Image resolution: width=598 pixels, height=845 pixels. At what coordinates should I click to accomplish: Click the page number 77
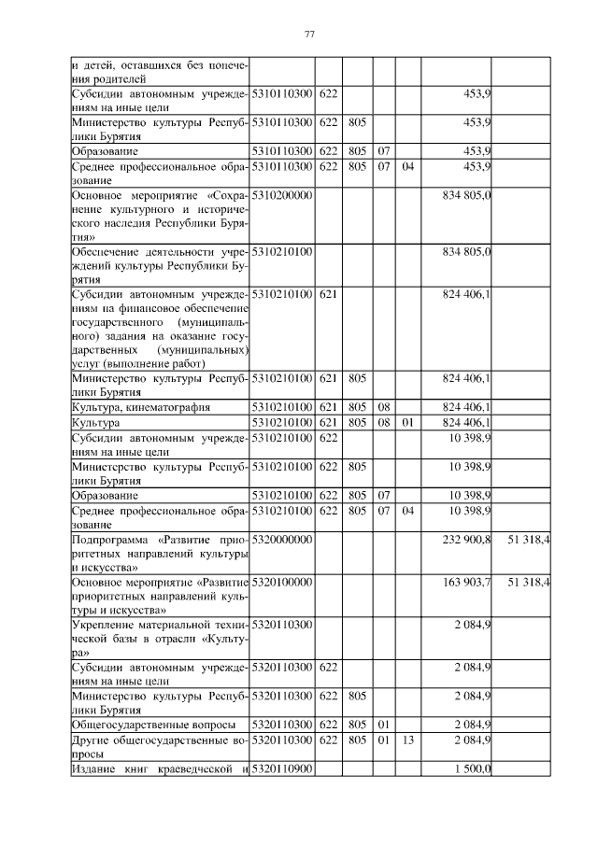coord(309,35)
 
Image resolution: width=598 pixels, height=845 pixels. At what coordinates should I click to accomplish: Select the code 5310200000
coord(281,195)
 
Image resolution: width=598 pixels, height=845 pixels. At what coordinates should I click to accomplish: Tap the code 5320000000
coord(281,541)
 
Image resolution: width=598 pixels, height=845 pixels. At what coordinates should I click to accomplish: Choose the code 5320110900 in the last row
coord(281,768)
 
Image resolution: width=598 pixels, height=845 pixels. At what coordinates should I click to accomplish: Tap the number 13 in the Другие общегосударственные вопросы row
coord(407,739)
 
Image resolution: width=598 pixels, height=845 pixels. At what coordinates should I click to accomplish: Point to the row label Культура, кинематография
coord(141,407)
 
